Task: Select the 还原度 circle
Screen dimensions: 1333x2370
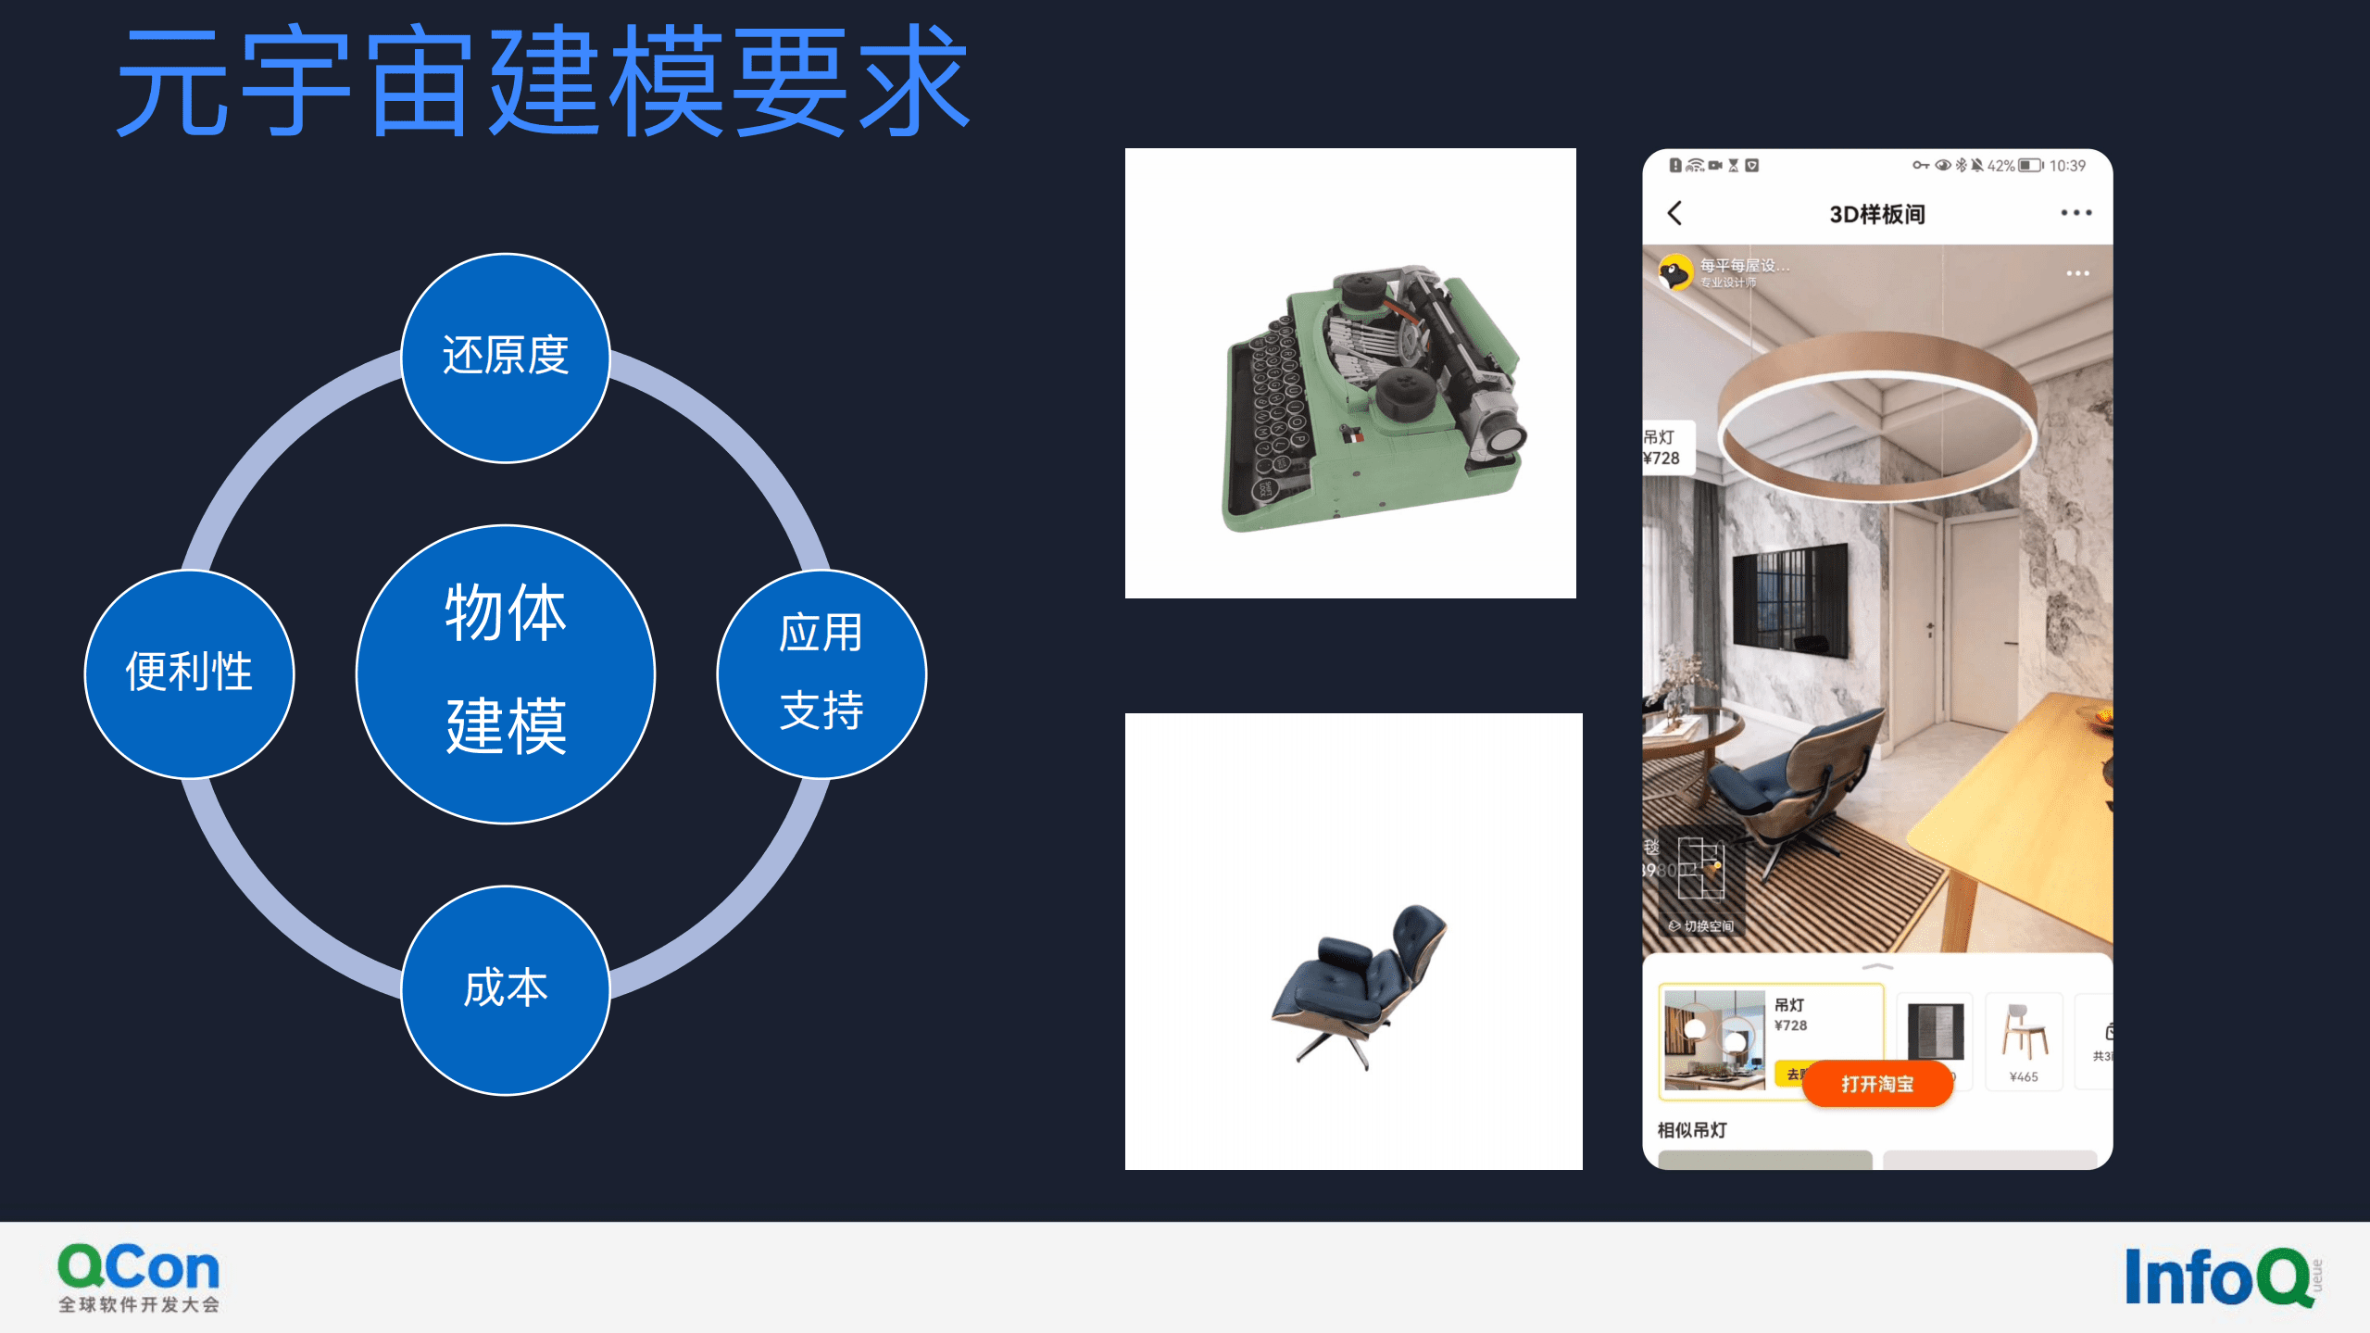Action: coord(506,358)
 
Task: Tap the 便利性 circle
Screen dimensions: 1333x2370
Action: coord(189,673)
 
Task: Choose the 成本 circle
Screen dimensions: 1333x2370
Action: coord(506,989)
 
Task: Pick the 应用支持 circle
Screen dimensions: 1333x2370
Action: coord(821,673)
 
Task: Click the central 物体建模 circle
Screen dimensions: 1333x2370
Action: coord(506,673)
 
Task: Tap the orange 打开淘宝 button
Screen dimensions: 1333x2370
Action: coord(1877,1084)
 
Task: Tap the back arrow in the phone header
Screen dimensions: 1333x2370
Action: coord(1674,214)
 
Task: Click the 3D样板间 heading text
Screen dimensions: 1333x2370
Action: coord(1877,214)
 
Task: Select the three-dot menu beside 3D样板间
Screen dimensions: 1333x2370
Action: coord(2075,213)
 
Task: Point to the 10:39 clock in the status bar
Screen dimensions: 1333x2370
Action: coord(2067,166)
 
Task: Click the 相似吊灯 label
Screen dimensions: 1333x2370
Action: coord(1692,1130)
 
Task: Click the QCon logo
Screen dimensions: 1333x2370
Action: coord(139,1277)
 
